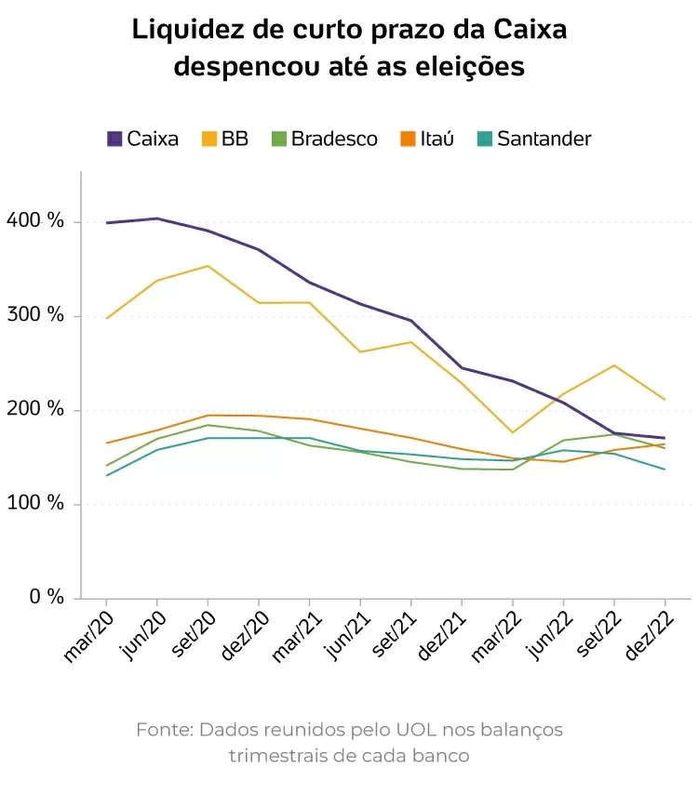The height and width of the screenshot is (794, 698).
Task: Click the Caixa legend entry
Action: point(142,139)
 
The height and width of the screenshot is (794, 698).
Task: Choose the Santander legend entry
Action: point(533,139)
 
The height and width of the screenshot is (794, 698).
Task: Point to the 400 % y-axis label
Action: point(34,221)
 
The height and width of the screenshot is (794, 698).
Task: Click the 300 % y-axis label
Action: point(34,315)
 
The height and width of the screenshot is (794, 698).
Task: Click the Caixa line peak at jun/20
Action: point(157,218)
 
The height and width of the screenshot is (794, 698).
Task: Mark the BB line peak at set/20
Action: point(208,266)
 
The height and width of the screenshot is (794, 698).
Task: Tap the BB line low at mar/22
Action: point(513,432)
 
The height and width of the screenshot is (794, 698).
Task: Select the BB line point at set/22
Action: point(614,365)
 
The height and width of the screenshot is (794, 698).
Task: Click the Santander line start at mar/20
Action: point(107,475)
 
